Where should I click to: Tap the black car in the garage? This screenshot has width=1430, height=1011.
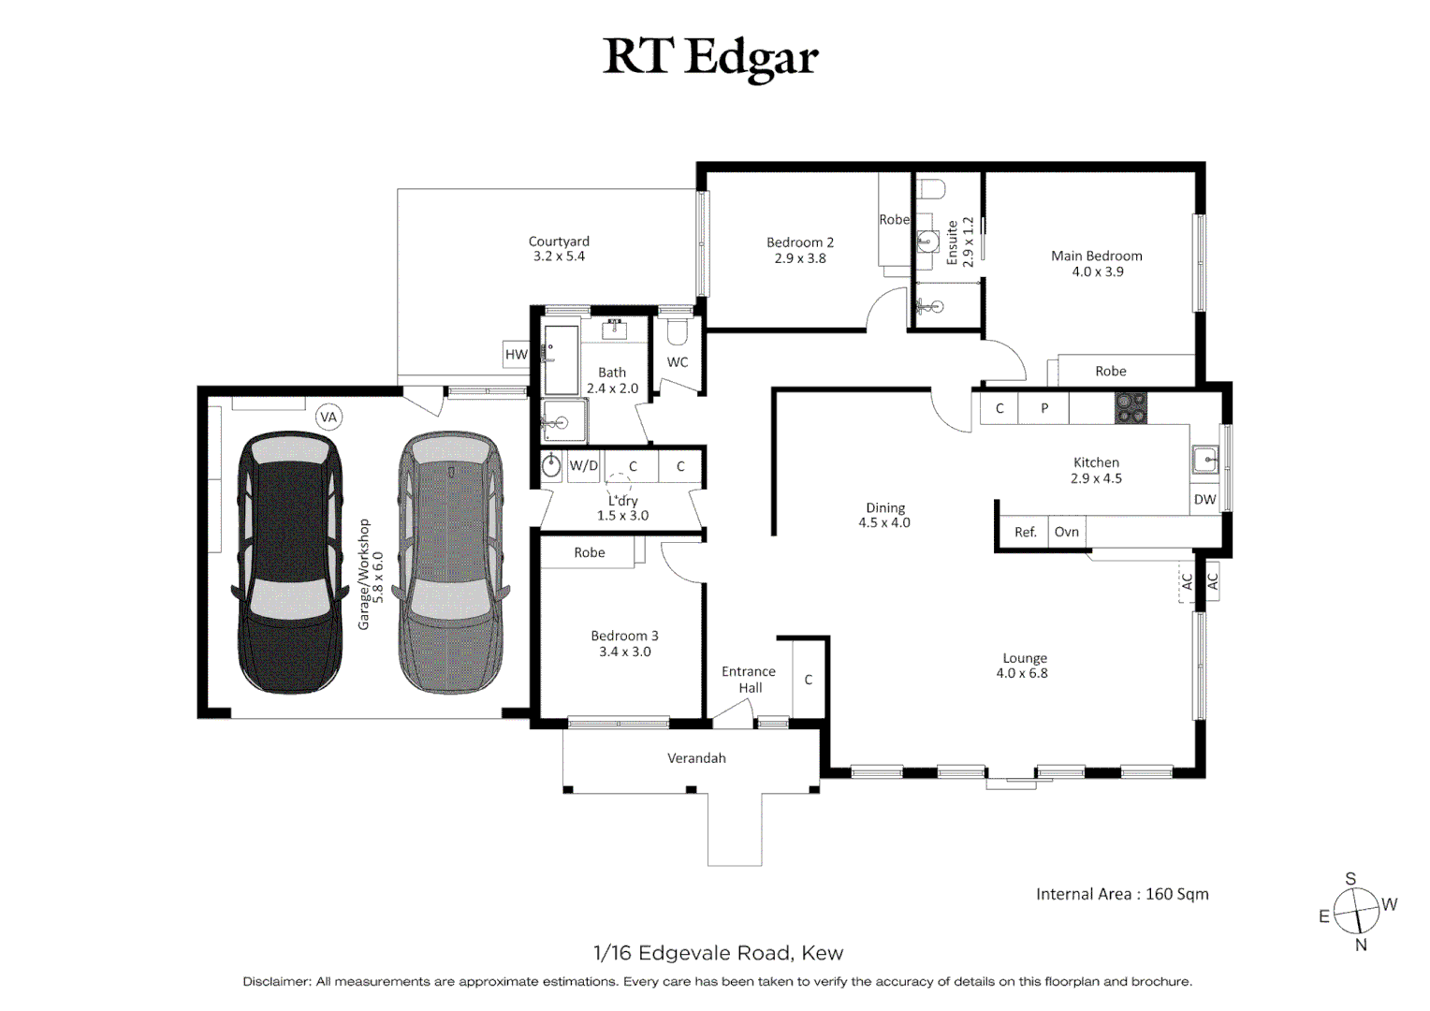288,562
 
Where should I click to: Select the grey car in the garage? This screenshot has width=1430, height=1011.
449,562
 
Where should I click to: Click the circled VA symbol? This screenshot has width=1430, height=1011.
328,418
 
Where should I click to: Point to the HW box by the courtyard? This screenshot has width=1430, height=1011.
516,355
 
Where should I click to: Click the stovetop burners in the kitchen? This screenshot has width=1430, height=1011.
1131,408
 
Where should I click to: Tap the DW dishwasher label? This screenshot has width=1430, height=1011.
1204,500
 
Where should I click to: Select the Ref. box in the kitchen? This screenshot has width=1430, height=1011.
1025,532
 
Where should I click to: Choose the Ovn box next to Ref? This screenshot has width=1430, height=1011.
1067,532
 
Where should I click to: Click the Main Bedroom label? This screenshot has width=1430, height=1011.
1096,256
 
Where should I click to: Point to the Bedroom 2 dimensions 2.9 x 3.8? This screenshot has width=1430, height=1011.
800,258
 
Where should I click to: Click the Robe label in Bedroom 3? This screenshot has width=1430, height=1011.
590,552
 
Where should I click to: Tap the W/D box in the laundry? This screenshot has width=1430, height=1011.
583,465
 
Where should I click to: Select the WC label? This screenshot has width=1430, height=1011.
678,362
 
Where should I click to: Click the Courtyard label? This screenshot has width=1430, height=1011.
559,242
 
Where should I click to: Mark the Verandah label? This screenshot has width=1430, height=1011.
696,758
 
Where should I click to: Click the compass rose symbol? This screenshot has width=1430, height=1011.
1356,911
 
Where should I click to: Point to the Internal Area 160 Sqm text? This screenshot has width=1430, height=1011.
1122,894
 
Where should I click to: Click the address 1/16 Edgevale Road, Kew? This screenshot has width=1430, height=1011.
718,953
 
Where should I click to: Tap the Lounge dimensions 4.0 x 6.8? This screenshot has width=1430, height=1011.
1022,673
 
